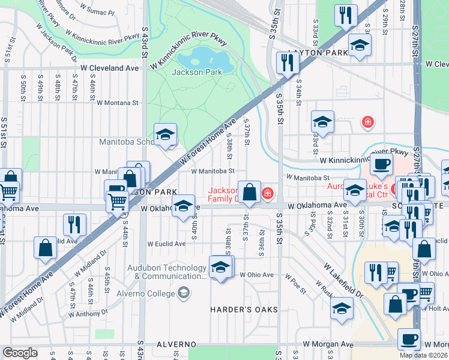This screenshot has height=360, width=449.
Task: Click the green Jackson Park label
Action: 197,73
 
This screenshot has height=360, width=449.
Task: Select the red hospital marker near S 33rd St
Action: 367,123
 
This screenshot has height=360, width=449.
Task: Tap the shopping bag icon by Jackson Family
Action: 249,192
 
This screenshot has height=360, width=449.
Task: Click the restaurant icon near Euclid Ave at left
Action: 74,224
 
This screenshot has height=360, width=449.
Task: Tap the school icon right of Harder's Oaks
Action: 342,308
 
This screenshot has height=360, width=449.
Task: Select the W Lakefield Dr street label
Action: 343,281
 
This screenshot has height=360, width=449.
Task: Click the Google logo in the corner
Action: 20,353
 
